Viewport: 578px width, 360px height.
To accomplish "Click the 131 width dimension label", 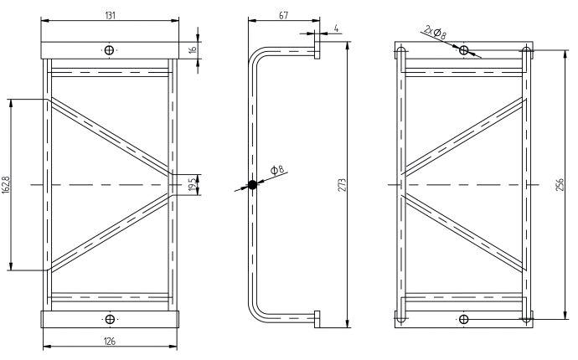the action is coord(111,15).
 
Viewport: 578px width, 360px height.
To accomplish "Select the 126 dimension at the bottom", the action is coord(110,342).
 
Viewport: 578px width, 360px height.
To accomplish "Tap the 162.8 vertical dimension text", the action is coord(6,185).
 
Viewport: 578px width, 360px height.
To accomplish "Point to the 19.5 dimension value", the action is coord(192,185).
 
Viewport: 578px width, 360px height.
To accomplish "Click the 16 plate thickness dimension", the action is coord(193,49).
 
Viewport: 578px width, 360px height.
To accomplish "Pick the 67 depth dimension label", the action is coord(283,15).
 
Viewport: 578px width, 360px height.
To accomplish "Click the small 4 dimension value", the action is coord(336,28).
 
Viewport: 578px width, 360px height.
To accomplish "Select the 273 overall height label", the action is coord(342,185).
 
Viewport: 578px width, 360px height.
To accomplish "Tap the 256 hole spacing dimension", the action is coord(560,185).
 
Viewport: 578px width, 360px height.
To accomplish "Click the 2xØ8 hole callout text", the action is coord(435,33).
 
